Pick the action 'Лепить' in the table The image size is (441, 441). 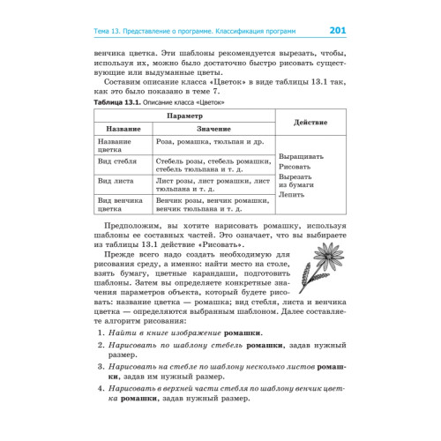pos(291,194)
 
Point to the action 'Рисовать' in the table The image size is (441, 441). pos(295,166)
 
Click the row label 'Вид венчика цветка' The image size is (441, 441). pos(116,206)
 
